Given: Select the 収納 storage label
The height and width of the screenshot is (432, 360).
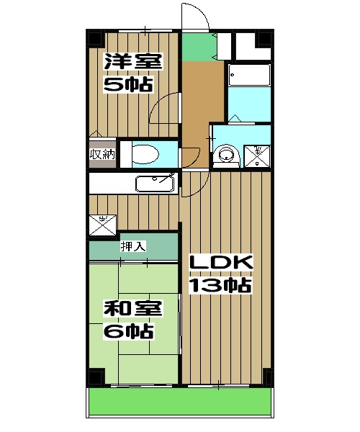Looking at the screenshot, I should tap(102, 153).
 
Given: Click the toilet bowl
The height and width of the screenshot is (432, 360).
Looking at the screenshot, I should tap(146, 154).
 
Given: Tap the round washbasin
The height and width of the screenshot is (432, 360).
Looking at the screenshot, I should tap(226, 153).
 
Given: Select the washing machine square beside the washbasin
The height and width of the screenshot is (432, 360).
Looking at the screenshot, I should tap(258, 153).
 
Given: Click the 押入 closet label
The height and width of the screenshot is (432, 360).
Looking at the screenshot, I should tap(133, 246).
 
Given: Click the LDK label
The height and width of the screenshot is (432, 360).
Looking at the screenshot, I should tap(219, 263).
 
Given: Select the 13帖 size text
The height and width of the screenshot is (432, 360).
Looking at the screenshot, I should tap(219, 286).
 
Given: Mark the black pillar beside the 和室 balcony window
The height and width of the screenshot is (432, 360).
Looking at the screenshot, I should tap(94, 377).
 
